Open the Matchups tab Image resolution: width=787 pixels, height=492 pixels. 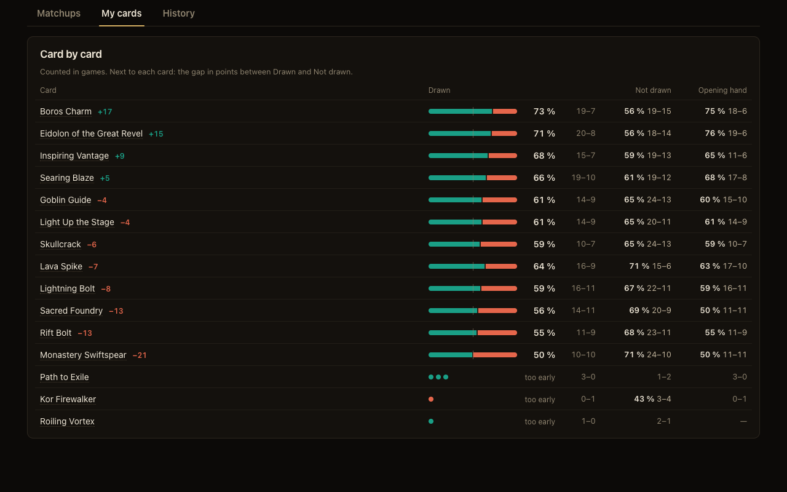point(58,14)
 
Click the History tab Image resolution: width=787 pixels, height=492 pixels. point(178,14)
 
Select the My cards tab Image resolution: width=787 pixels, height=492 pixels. point(122,14)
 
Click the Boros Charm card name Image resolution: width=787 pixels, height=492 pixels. point(66,111)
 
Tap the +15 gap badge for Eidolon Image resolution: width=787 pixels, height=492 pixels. point(156,134)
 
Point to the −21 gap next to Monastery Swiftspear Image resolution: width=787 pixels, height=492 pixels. point(140,355)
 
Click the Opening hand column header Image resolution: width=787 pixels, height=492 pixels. point(722,90)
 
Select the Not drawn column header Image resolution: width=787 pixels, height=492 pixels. point(653,90)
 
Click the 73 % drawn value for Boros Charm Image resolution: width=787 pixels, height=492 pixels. point(544,111)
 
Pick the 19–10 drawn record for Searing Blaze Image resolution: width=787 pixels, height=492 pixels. point(583,178)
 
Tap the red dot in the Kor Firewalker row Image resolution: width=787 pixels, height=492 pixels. point(431,399)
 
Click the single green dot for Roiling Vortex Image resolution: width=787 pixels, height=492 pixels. point(431,421)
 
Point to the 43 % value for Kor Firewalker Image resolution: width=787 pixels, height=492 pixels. point(644,399)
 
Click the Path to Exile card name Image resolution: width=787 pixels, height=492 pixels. point(65,377)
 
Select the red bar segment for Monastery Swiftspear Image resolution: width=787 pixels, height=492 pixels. point(495,355)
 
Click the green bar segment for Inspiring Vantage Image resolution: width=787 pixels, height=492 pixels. point(458,156)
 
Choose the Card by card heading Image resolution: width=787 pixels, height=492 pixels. point(71,54)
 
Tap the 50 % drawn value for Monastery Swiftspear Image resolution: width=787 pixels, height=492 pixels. point(544,355)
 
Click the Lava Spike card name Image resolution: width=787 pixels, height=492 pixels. point(61,266)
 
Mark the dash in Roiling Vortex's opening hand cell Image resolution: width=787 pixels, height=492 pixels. point(743,421)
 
